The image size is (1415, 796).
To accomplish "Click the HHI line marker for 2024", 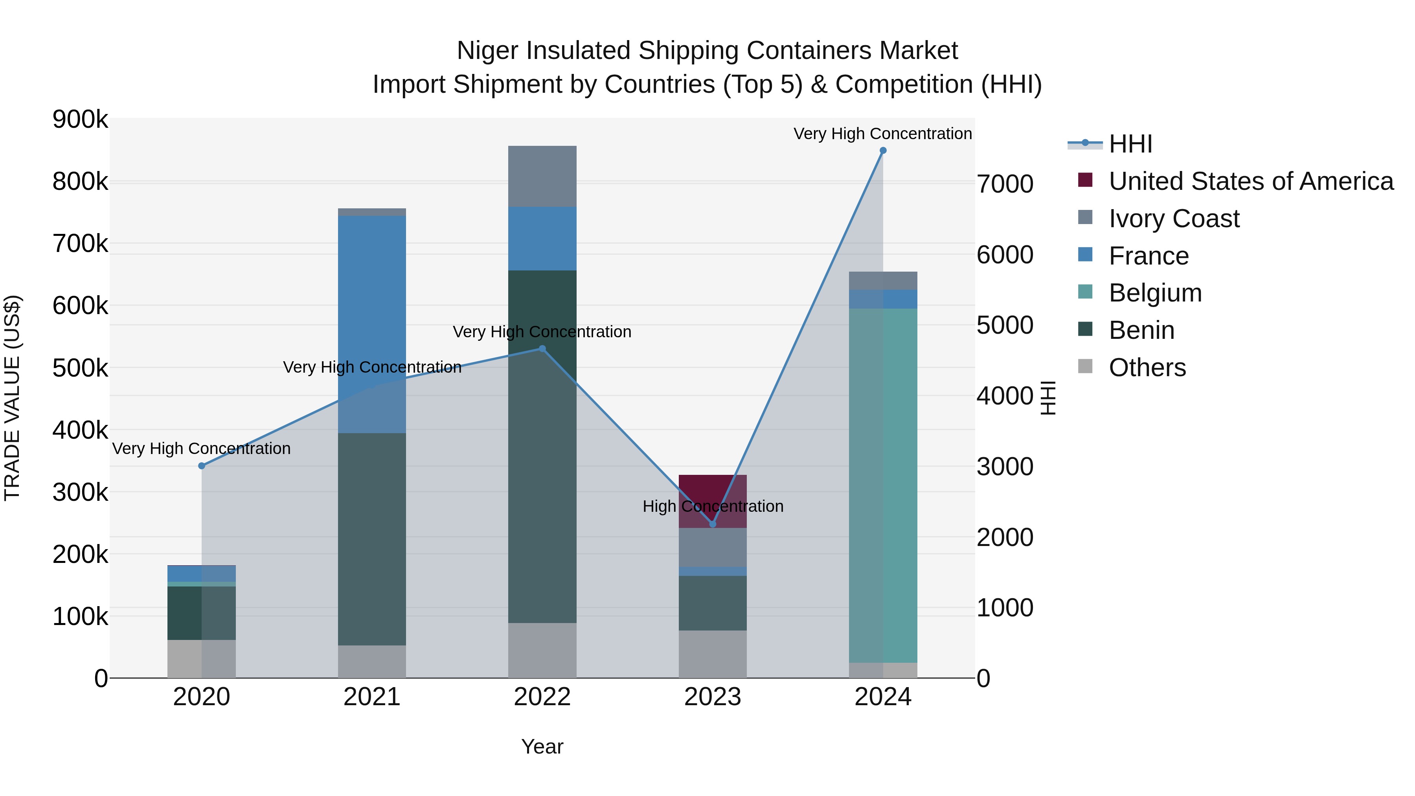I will [883, 151].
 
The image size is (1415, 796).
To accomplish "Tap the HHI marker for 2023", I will [713, 524].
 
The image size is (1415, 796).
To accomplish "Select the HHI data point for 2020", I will [202, 466].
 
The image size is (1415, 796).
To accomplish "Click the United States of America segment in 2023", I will [713, 497].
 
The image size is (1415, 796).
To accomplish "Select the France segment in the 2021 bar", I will [372, 324].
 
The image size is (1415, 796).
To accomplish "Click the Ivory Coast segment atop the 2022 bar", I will [542, 176].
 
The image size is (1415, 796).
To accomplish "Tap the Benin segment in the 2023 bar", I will [713, 603].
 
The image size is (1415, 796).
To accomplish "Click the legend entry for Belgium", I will [1155, 293].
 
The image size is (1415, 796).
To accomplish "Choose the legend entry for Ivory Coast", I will [1173, 219].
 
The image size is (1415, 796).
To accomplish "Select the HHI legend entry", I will [1130, 144].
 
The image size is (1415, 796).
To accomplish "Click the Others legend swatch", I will [1085, 366].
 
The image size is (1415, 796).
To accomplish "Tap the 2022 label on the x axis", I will [542, 697].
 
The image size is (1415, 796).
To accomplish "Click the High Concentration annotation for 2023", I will [713, 506].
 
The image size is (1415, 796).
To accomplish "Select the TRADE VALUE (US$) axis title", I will [13, 398].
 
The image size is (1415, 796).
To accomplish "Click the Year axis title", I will [542, 746].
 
